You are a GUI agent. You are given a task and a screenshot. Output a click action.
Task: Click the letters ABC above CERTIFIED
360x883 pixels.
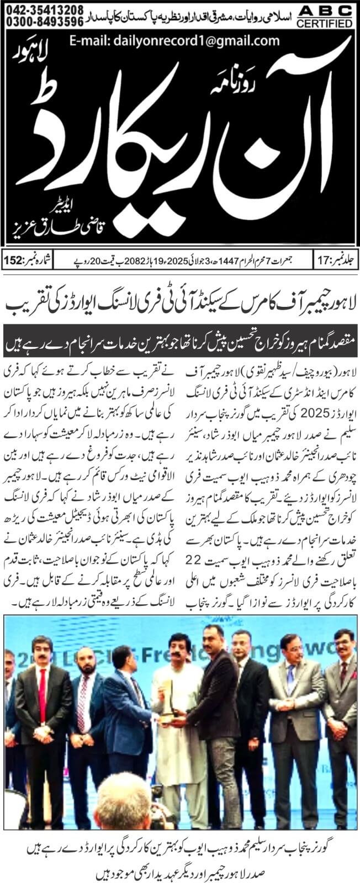tap(324, 11)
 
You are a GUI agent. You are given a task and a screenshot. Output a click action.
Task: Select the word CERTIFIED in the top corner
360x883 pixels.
tap(324, 23)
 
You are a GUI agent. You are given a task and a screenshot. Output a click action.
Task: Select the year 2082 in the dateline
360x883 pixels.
tap(122, 259)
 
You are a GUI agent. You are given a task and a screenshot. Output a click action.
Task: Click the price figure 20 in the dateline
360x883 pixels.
tap(89, 259)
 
